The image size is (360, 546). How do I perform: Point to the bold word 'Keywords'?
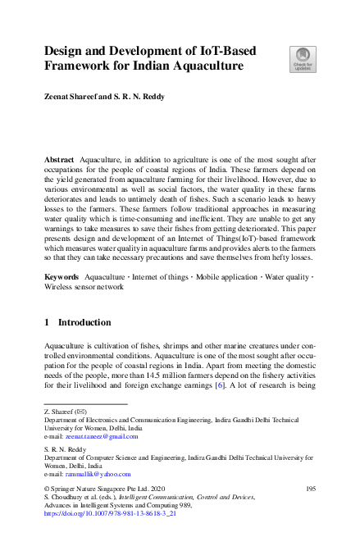(x=62, y=278)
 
